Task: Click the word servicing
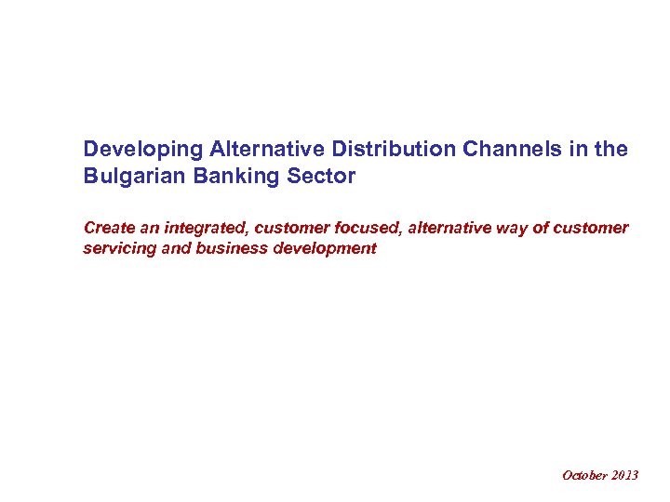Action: [115, 248]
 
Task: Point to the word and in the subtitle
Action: [167, 248]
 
